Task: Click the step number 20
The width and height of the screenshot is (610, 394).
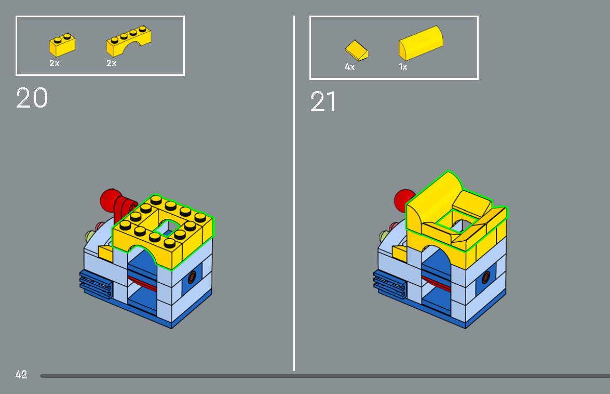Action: (32, 98)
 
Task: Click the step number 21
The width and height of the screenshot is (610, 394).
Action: (323, 102)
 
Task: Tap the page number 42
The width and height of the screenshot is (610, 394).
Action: (21, 374)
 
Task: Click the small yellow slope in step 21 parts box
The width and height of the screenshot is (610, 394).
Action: (357, 50)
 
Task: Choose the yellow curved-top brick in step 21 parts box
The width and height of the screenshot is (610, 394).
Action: (421, 43)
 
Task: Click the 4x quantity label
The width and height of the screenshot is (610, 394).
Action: (349, 67)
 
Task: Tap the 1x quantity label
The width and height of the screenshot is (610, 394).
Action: (403, 67)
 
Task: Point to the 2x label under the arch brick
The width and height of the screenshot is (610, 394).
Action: (111, 63)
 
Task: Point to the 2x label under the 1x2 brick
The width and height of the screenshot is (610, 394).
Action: (55, 63)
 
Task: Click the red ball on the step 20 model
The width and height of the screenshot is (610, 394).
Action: (110, 200)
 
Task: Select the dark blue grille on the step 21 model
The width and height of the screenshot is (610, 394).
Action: (389, 285)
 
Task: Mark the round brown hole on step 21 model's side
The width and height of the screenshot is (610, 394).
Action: (487, 277)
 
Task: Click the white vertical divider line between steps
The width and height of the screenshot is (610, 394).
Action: (294, 208)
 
